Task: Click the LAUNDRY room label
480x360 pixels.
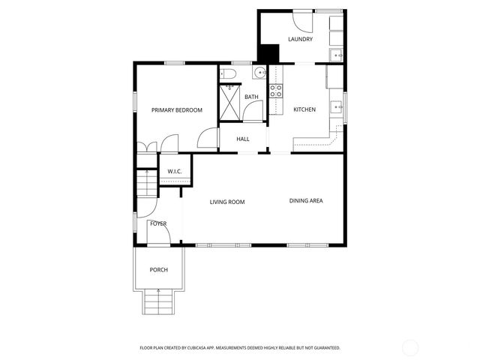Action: (300, 40)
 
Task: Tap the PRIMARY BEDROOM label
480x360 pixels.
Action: (177, 110)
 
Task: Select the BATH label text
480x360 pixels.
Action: (251, 97)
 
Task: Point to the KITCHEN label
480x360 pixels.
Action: (304, 109)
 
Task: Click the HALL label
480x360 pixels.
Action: (243, 139)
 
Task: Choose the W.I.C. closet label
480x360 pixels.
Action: (175, 172)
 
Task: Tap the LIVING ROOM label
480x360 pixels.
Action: (227, 202)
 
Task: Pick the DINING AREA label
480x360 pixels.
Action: (306, 200)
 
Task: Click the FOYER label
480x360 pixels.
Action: (158, 223)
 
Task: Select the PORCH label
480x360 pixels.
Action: (158, 270)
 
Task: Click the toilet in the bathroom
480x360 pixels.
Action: (228, 73)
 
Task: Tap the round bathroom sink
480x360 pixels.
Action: (259, 73)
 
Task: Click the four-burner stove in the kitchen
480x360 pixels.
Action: (275, 91)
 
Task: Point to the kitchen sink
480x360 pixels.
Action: (337, 106)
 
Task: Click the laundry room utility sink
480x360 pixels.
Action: (337, 55)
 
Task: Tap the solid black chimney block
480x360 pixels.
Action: (268, 54)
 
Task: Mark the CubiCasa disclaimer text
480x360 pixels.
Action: (240, 348)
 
